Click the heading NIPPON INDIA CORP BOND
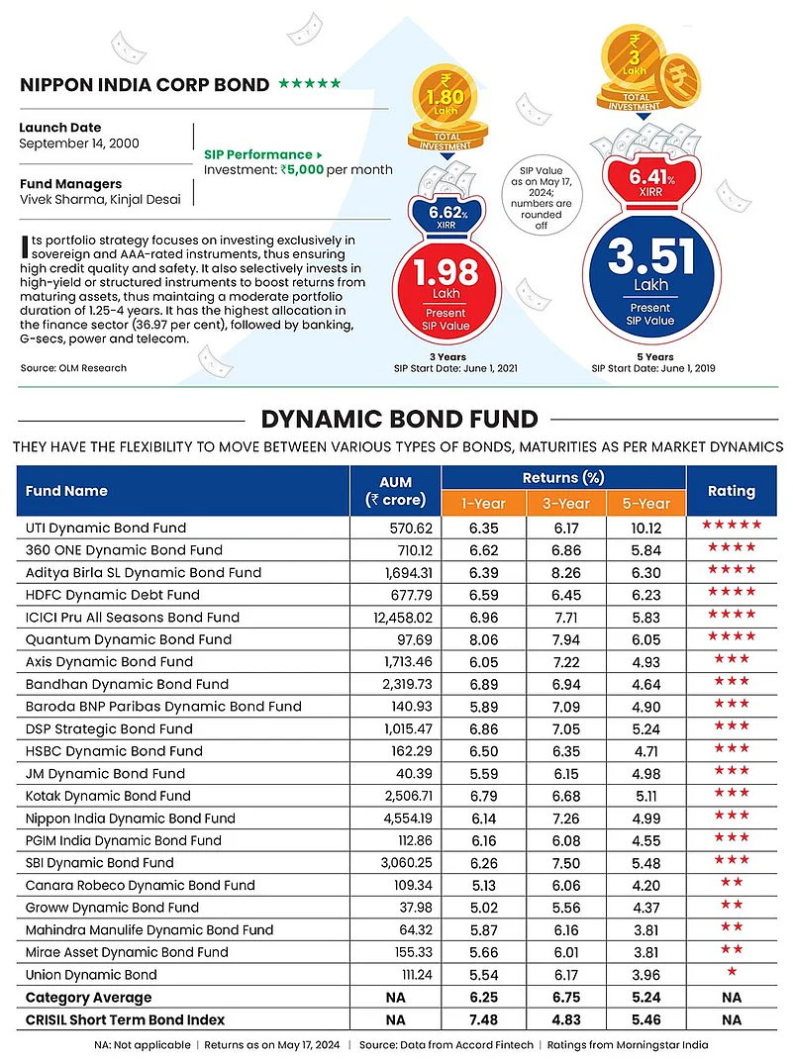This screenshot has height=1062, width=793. tap(145, 85)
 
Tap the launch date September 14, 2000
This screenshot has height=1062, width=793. tap(79, 144)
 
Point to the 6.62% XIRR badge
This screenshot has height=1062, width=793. tap(445, 215)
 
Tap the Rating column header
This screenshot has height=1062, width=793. tap(732, 491)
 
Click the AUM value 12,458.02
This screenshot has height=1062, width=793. tap(398, 617)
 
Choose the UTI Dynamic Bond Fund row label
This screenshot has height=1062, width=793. tap(106, 528)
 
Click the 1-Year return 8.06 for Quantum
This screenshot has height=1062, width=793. tap(485, 639)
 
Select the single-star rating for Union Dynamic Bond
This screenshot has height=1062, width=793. tap(732, 975)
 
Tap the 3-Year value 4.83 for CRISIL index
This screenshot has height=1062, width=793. tap(564, 1019)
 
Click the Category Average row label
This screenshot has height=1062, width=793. tap(89, 998)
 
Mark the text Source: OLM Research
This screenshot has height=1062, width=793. tap(73, 368)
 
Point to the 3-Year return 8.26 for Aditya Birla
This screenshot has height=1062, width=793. tap(564, 572)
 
